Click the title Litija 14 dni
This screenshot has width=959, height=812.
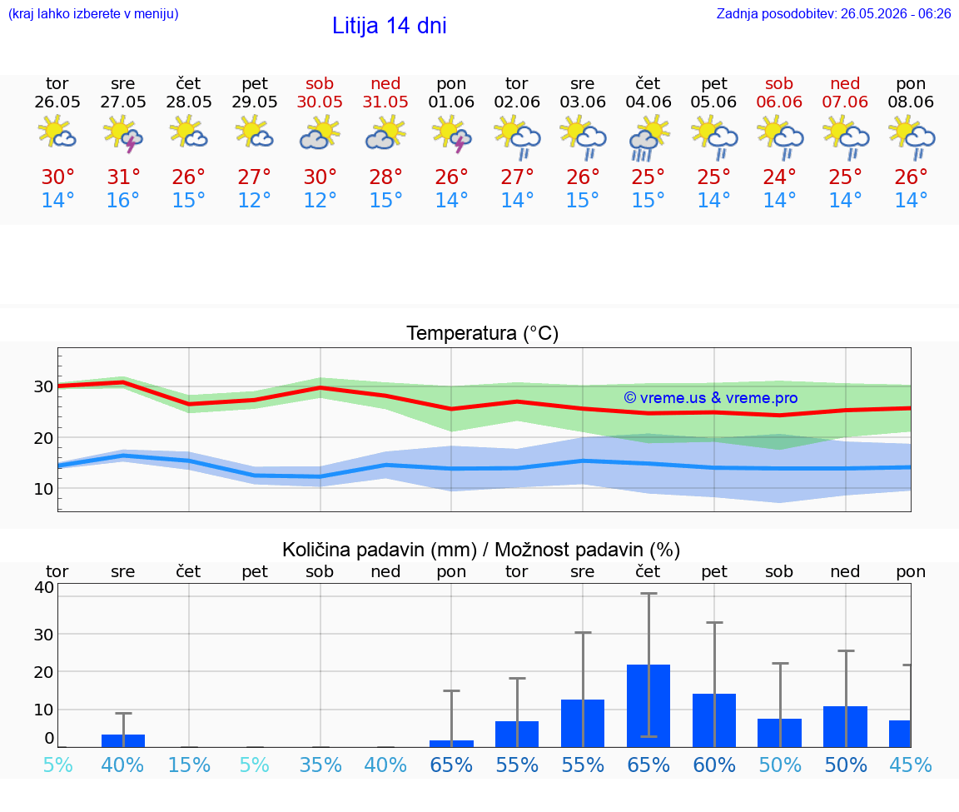pyautogui.click(x=389, y=26)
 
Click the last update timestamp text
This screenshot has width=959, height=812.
pyautogui.click(x=833, y=13)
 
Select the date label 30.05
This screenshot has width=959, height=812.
pyautogui.click(x=320, y=102)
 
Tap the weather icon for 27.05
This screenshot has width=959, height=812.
pyautogui.click(x=123, y=135)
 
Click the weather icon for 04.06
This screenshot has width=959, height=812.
pyautogui.click(x=648, y=138)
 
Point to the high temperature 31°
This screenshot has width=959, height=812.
pyautogui.click(x=123, y=177)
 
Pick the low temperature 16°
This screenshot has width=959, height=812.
pyautogui.click(x=123, y=200)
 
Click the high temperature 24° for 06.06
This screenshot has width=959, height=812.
pyautogui.click(x=779, y=177)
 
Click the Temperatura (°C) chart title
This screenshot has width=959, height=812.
pyautogui.click(x=483, y=333)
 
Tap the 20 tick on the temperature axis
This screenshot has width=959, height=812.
pyautogui.click(x=42, y=438)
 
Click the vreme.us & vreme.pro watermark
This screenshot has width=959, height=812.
pyautogui.click(x=711, y=398)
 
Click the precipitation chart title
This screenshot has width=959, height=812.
pyautogui.click(x=481, y=550)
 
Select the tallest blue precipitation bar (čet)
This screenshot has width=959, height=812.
pyautogui.click(x=648, y=705)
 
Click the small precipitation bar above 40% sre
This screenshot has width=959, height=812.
pyautogui.click(x=123, y=740)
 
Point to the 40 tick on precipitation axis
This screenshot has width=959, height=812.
pyautogui.click(x=44, y=587)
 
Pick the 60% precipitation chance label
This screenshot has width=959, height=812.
pyautogui.click(x=714, y=765)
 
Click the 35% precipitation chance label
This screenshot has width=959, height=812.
pyautogui.click(x=320, y=765)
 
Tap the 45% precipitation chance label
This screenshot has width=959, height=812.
pyautogui.click(x=911, y=765)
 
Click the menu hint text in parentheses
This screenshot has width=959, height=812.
pyautogui.click(x=93, y=13)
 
